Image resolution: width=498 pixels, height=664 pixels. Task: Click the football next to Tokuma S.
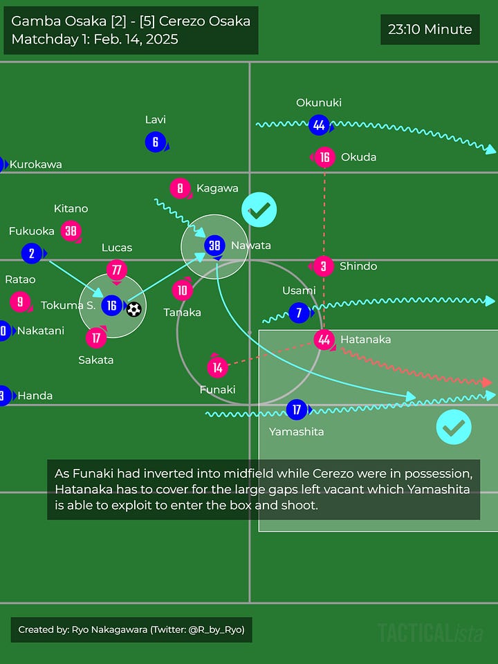(134, 308)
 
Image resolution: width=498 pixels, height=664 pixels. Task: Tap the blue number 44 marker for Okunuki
(319, 124)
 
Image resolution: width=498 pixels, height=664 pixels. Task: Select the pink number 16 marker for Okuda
(324, 158)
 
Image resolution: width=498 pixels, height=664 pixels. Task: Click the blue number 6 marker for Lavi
(156, 142)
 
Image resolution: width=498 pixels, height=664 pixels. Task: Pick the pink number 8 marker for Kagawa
(180, 188)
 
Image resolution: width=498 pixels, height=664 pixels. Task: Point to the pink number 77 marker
(117, 270)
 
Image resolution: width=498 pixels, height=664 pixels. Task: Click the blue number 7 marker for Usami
(299, 312)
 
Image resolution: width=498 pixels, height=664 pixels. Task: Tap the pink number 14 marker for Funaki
(217, 367)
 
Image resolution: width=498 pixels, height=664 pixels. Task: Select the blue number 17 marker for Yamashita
(297, 409)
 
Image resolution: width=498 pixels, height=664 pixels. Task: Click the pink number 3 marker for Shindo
(323, 266)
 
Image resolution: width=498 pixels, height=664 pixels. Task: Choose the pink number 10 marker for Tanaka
(183, 290)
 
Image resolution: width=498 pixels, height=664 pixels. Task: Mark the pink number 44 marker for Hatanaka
(324, 340)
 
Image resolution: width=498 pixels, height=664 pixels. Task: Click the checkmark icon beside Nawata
(259, 210)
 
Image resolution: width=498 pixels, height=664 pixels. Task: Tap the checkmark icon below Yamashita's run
(454, 427)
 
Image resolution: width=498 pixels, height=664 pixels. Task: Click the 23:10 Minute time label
(430, 30)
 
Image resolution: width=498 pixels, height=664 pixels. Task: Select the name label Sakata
(95, 360)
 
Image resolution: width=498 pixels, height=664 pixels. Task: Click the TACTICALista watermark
(430, 632)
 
